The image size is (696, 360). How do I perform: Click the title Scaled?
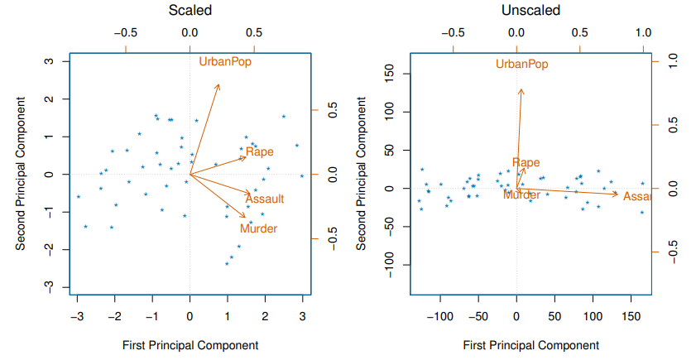(x=190, y=11)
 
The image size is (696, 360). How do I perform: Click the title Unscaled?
(x=530, y=11)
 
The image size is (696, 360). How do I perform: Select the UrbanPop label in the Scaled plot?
(x=225, y=61)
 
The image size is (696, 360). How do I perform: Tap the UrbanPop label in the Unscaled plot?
(x=522, y=64)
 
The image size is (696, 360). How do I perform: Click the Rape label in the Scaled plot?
(x=260, y=151)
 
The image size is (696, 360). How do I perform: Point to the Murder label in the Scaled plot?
(x=258, y=228)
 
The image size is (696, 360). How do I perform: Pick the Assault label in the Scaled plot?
(x=265, y=199)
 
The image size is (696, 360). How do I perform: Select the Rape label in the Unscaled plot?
(x=526, y=163)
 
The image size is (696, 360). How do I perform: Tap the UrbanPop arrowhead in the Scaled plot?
(x=218, y=84)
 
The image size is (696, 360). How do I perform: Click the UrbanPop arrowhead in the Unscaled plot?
(x=521, y=89)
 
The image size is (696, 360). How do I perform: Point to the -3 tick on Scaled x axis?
(x=77, y=315)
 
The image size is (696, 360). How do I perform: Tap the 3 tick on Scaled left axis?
(x=50, y=61)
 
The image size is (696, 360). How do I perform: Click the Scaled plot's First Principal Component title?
(x=190, y=345)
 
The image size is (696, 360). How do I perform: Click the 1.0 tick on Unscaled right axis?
(x=673, y=60)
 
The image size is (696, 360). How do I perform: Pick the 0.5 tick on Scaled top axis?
(x=254, y=33)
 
